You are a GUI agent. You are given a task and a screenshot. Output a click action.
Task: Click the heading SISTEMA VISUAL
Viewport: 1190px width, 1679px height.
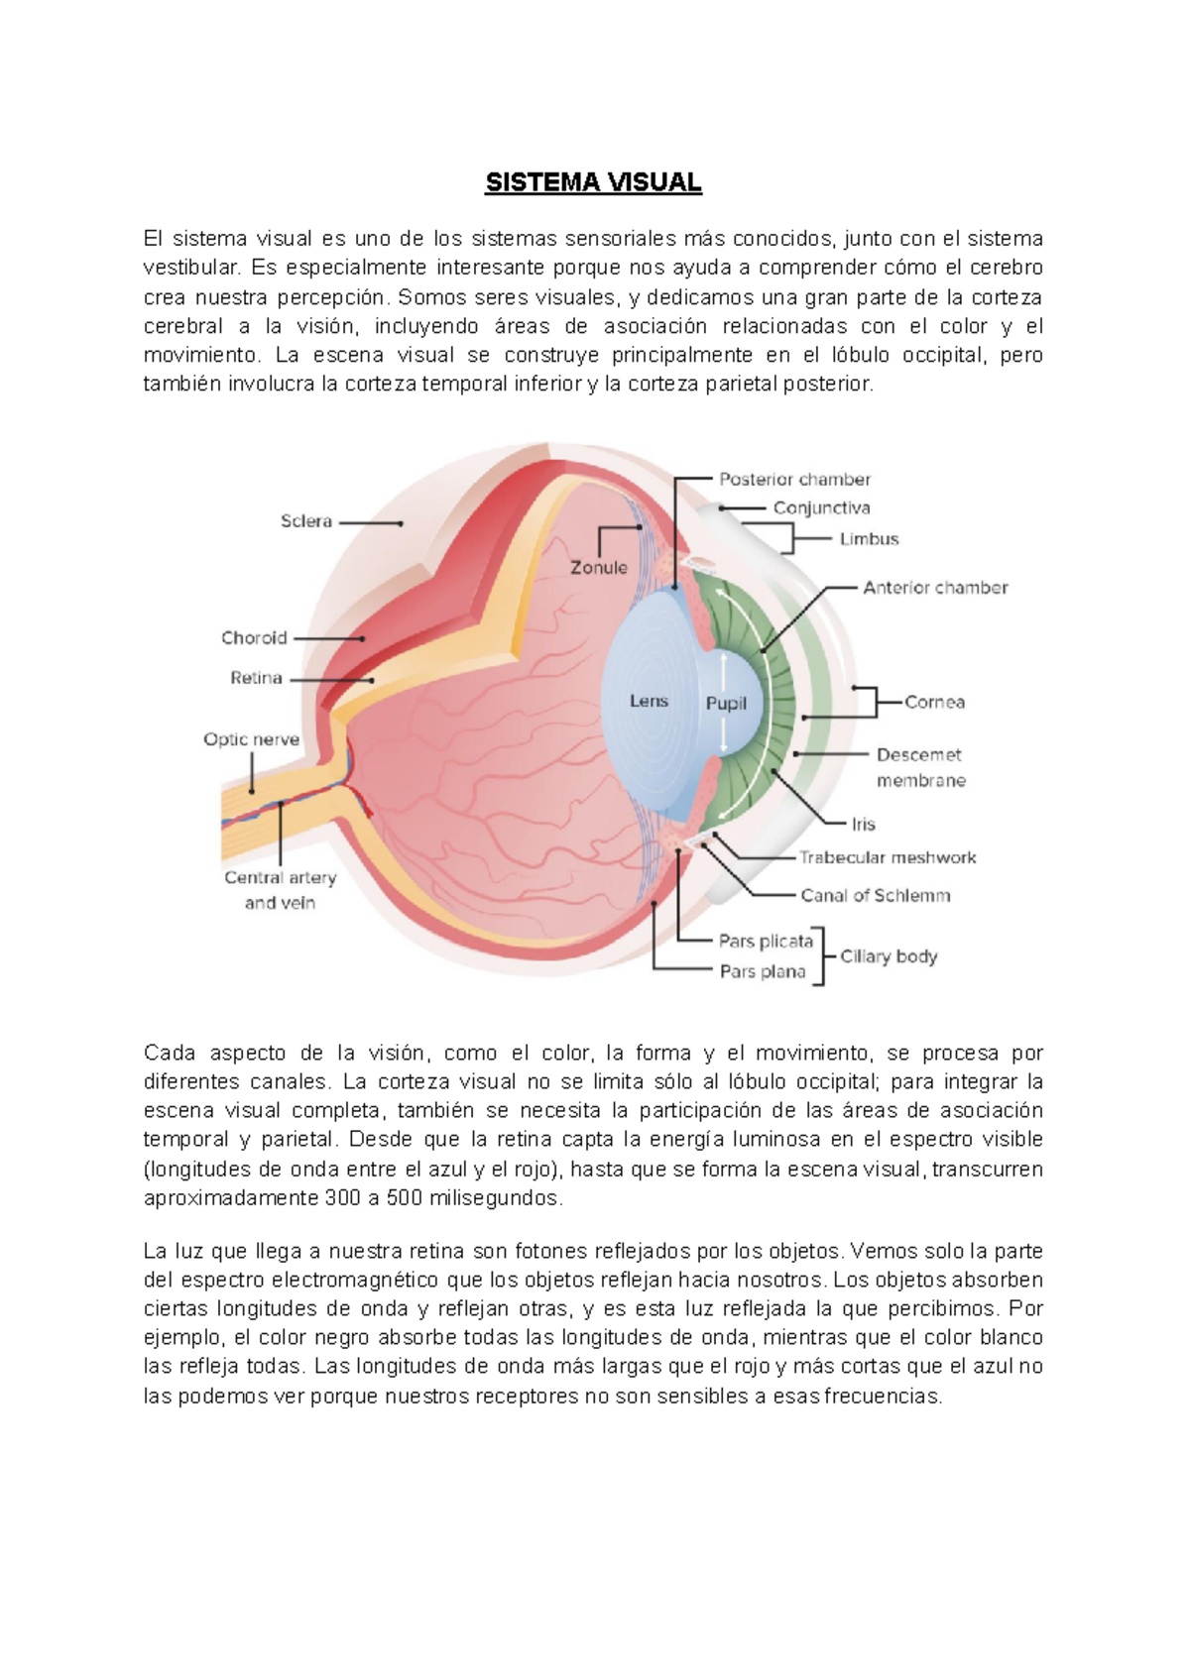click(x=593, y=182)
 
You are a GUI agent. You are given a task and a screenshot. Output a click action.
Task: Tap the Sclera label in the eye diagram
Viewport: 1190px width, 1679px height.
click(x=305, y=521)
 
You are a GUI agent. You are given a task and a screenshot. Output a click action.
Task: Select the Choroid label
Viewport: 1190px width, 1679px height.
click(x=254, y=638)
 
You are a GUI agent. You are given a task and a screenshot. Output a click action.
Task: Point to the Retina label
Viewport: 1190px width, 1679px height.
click(x=256, y=678)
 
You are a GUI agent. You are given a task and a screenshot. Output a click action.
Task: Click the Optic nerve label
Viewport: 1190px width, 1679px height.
click(x=251, y=739)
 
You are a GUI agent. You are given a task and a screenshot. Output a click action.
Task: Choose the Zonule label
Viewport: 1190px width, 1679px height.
click(x=599, y=568)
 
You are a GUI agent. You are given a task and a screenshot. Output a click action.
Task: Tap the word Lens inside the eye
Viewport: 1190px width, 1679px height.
click(x=649, y=701)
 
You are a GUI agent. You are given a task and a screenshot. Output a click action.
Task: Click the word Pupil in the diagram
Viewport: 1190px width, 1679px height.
click(x=726, y=704)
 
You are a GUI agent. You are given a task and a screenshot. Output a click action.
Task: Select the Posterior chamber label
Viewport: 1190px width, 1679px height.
click(x=794, y=480)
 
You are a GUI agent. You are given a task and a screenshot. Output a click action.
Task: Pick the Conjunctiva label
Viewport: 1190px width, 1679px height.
click(x=821, y=508)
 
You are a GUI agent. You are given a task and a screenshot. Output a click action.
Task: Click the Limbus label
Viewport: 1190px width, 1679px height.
click(x=869, y=539)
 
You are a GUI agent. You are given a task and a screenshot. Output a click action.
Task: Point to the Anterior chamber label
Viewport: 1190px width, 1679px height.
click(x=935, y=588)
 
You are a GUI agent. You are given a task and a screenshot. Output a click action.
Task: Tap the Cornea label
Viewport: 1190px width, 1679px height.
click(x=934, y=702)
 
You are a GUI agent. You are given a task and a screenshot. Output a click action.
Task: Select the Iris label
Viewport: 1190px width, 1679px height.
click(x=863, y=824)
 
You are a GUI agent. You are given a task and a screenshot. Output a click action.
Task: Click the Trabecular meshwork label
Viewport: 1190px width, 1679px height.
click(x=888, y=857)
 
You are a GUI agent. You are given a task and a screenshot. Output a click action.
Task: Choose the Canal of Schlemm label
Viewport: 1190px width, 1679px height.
click(x=875, y=896)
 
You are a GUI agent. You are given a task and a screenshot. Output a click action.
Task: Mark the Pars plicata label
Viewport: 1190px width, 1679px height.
click(x=766, y=941)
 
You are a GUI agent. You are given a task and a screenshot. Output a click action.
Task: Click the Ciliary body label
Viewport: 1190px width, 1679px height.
click(x=889, y=956)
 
